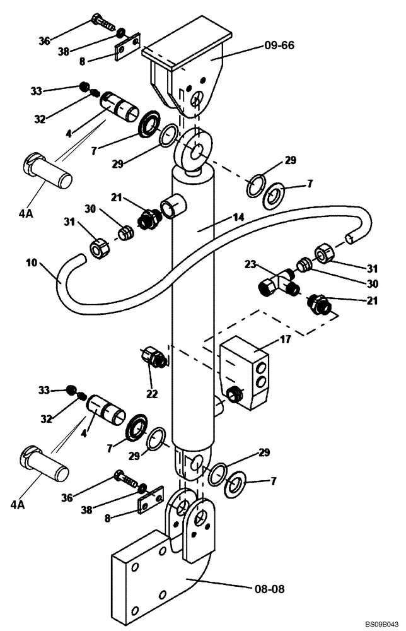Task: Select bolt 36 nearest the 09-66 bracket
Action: [103, 23]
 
